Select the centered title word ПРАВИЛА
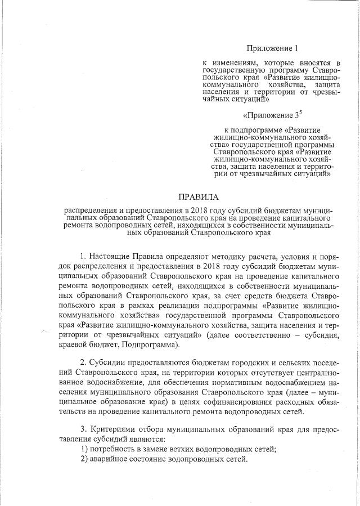pos(197,197)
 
